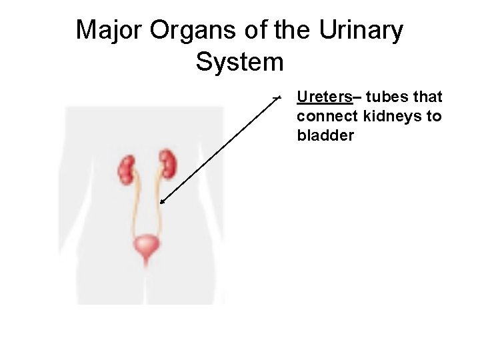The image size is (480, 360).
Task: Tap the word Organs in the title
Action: coord(183,30)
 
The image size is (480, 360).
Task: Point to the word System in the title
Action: coord(240,62)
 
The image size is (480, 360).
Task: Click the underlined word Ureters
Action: coord(324,97)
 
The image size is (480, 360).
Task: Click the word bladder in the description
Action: coord(325,135)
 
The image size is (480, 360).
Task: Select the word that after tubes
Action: coord(428,97)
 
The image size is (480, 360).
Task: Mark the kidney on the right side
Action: coord(167,164)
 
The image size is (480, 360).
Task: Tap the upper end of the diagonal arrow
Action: coord(279,97)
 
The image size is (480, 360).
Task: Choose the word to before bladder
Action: coord(434,117)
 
